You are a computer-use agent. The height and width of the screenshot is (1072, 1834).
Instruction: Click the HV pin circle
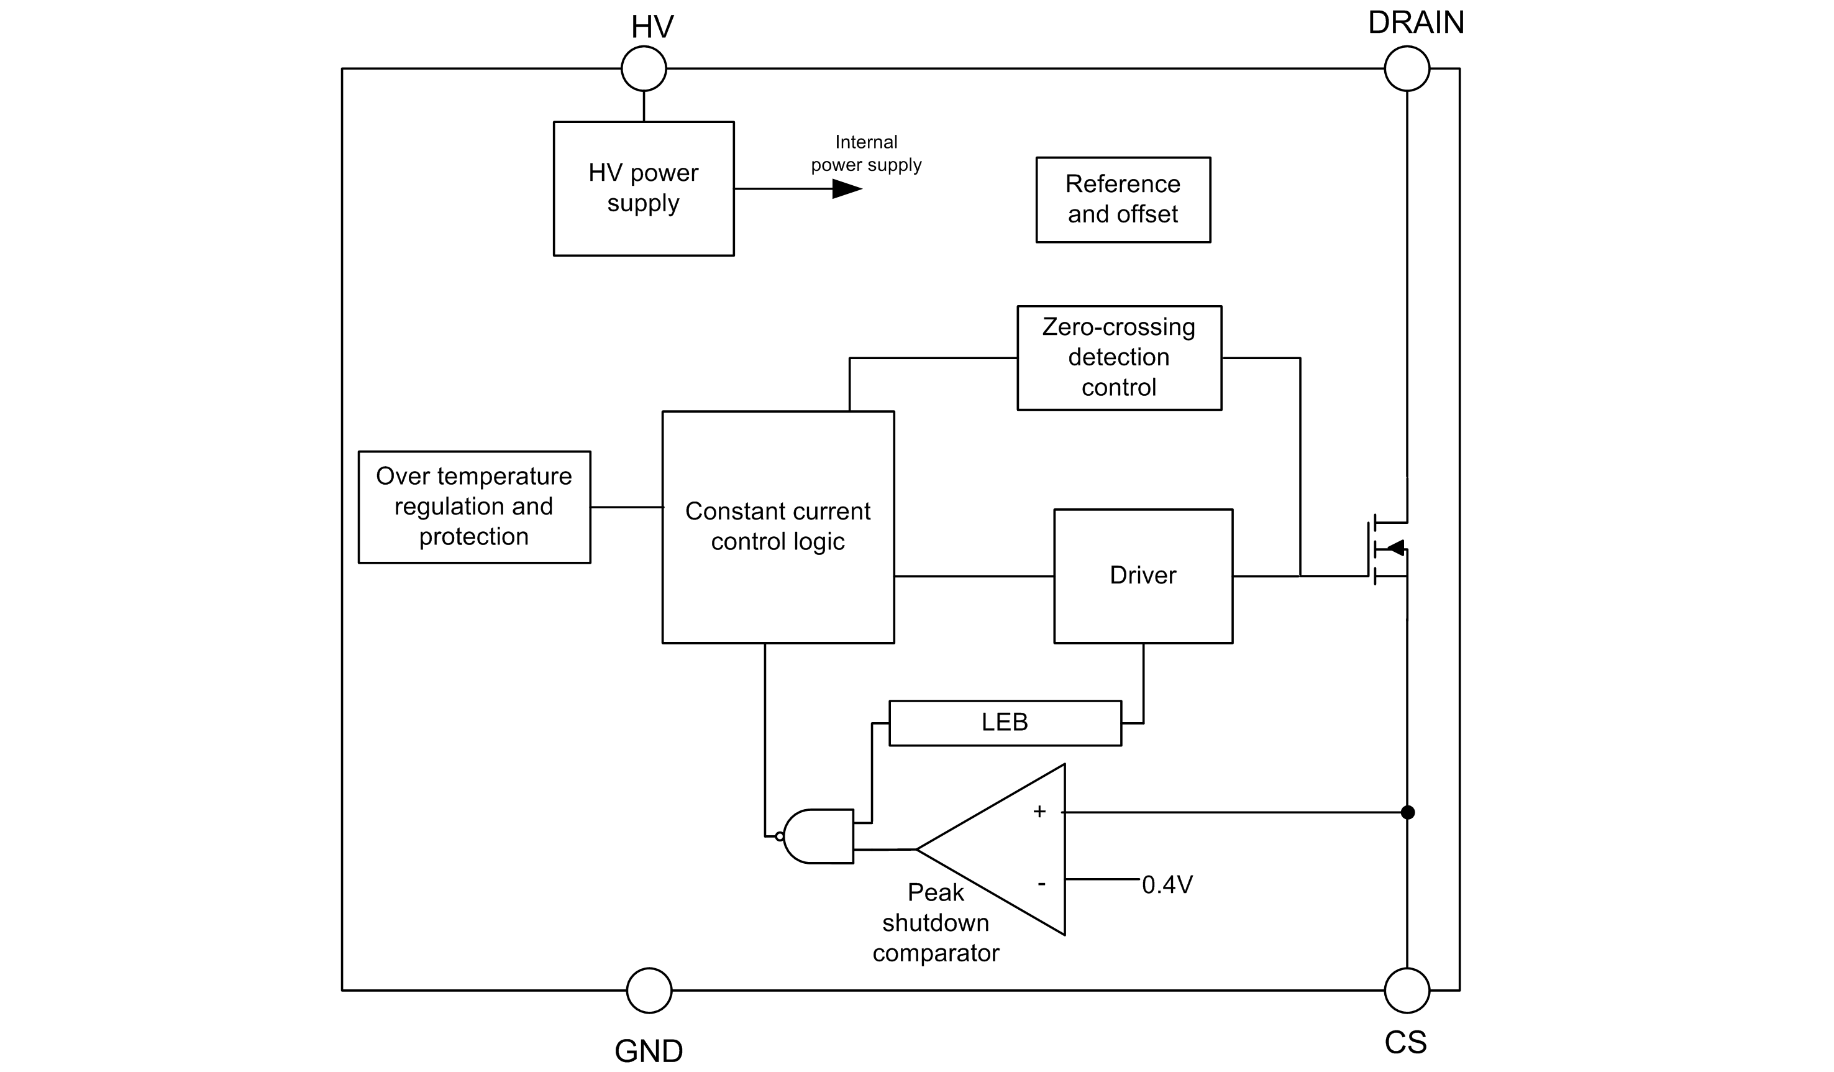pyautogui.click(x=644, y=68)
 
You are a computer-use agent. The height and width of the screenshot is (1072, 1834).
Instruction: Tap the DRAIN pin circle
pyautogui.click(x=1406, y=68)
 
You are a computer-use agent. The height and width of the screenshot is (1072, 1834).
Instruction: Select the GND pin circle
pyautogui.click(x=649, y=990)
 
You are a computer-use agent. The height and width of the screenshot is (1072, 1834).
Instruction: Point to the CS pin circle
pyautogui.click(x=1406, y=990)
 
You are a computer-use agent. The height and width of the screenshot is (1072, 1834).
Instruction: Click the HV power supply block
pyautogui.click(x=644, y=188)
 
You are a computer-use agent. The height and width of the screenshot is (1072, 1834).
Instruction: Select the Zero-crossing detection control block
pyautogui.click(x=1118, y=357)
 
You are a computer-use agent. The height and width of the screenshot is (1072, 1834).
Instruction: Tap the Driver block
pyautogui.click(x=1143, y=575)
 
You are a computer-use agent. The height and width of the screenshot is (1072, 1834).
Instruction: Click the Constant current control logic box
pyautogui.click(x=777, y=527)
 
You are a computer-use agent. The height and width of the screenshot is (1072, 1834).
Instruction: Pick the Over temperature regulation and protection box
pyautogui.click(x=474, y=506)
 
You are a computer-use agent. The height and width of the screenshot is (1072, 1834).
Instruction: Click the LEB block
pyautogui.click(x=1005, y=723)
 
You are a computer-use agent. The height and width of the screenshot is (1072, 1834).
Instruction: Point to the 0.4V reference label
pyautogui.click(x=1167, y=885)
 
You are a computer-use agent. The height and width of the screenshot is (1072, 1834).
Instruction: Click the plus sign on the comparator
pyautogui.click(x=1039, y=812)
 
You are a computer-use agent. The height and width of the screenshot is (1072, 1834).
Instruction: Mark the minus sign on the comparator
pyautogui.click(x=1041, y=884)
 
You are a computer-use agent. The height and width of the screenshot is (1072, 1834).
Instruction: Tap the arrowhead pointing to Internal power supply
pyautogui.click(x=846, y=189)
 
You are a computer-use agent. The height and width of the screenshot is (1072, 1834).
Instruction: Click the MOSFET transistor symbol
pyautogui.click(x=1387, y=549)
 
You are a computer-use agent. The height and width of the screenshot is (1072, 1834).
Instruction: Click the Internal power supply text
pyautogui.click(x=866, y=153)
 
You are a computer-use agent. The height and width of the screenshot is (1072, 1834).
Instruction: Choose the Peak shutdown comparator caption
pyautogui.click(x=935, y=922)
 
